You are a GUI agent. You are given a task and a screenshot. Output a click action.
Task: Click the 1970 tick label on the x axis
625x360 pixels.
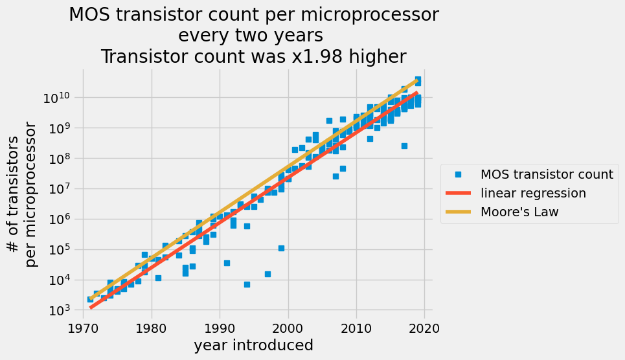(x=84, y=328)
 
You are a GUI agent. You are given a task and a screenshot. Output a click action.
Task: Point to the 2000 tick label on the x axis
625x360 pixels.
(x=288, y=328)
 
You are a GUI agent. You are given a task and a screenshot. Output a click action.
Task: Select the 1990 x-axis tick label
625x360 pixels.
(x=220, y=328)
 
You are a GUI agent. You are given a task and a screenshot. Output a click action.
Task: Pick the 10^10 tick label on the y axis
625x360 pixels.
(x=60, y=98)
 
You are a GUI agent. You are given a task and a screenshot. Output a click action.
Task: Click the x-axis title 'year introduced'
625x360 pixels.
(x=254, y=346)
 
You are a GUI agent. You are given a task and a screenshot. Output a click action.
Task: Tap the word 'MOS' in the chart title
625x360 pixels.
(x=91, y=15)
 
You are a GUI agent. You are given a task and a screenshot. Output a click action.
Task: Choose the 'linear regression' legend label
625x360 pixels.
(x=533, y=193)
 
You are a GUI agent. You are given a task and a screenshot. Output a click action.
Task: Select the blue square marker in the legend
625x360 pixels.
(x=459, y=174)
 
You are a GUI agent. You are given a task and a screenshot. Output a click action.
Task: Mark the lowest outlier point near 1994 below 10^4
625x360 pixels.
(x=247, y=284)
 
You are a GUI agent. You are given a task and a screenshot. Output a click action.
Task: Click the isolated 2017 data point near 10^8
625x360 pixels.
(x=404, y=146)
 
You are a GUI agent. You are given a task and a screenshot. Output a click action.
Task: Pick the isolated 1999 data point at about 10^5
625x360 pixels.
(x=281, y=248)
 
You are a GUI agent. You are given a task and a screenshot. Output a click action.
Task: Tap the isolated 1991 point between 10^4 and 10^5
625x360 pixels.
(x=227, y=263)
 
